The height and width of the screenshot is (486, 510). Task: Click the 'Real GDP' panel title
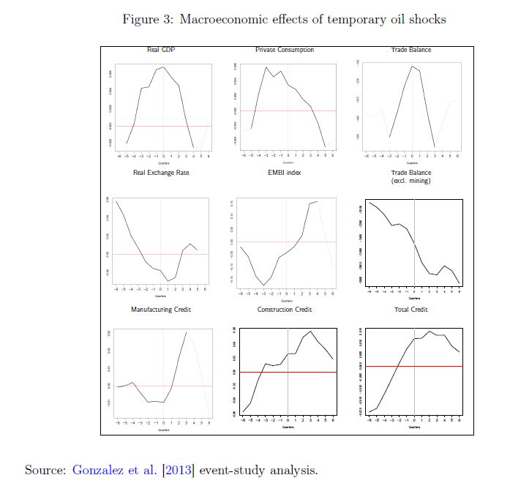pos(161,50)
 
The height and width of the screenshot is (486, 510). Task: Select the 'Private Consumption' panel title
pos(285,50)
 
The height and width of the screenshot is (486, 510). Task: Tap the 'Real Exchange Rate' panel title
pos(161,173)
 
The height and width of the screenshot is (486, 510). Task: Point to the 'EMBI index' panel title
pos(285,173)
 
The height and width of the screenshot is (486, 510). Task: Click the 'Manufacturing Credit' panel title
pos(161,310)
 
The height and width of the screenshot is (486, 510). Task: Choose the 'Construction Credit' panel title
pos(285,310)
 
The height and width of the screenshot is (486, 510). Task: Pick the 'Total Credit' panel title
pos(410,310)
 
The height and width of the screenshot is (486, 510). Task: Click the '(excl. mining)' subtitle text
pos(410,180)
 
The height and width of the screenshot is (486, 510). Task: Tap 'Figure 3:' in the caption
pos(145,19)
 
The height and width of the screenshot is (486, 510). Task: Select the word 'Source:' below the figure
pos(45,469)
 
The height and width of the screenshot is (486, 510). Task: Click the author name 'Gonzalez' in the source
pos(101,469)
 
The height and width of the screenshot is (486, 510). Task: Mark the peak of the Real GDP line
pos(164,67)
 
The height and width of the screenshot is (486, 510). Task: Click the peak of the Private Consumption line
pos(266,67)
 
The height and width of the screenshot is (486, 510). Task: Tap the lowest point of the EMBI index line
pos(263,285)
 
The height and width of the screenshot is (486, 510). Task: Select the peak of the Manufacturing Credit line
pos(187,332)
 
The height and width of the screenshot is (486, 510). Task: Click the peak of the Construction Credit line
pos(311,331)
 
